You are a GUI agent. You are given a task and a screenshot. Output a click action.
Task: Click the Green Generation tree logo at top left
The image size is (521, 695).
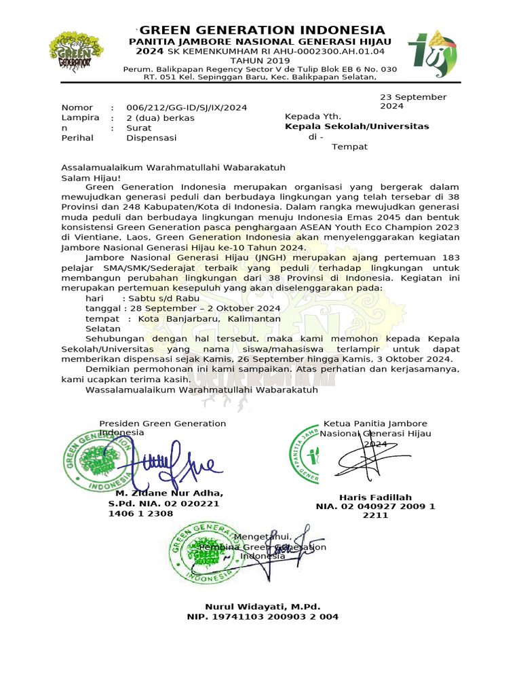76,52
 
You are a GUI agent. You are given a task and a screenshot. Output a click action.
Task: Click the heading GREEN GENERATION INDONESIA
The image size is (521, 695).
263,31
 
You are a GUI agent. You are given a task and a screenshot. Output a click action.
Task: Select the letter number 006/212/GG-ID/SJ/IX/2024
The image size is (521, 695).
187,108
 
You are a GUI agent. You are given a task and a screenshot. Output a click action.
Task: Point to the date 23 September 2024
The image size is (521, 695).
412,101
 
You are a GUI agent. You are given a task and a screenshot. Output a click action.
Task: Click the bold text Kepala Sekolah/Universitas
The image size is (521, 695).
357,127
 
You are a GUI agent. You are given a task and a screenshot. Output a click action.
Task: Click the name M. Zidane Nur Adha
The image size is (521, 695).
170,493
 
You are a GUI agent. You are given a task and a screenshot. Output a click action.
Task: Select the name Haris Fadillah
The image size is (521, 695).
375,497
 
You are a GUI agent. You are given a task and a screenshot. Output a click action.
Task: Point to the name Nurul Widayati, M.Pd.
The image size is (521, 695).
262,607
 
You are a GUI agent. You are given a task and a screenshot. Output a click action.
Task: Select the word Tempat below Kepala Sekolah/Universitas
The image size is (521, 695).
349,147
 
